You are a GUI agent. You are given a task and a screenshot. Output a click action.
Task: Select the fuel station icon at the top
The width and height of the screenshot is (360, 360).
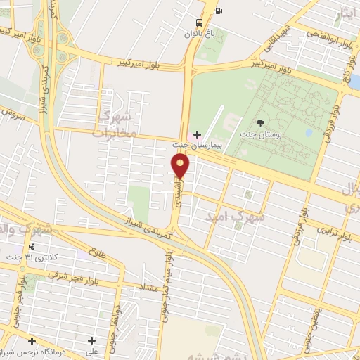(x=219, y=10)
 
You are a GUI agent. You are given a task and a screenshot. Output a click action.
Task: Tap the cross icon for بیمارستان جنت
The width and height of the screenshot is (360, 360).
(x=197, y=134)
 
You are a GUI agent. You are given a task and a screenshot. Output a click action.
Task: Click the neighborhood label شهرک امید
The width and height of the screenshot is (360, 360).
(x=235, y=217)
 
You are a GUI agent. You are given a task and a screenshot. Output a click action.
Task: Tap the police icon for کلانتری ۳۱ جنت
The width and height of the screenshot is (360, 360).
(x=32, y=246)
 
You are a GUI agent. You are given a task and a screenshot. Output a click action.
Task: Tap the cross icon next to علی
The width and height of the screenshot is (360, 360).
(x=91, y=340)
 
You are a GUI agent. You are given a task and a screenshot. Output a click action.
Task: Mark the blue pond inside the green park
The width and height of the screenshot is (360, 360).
(x=308, y=132)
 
